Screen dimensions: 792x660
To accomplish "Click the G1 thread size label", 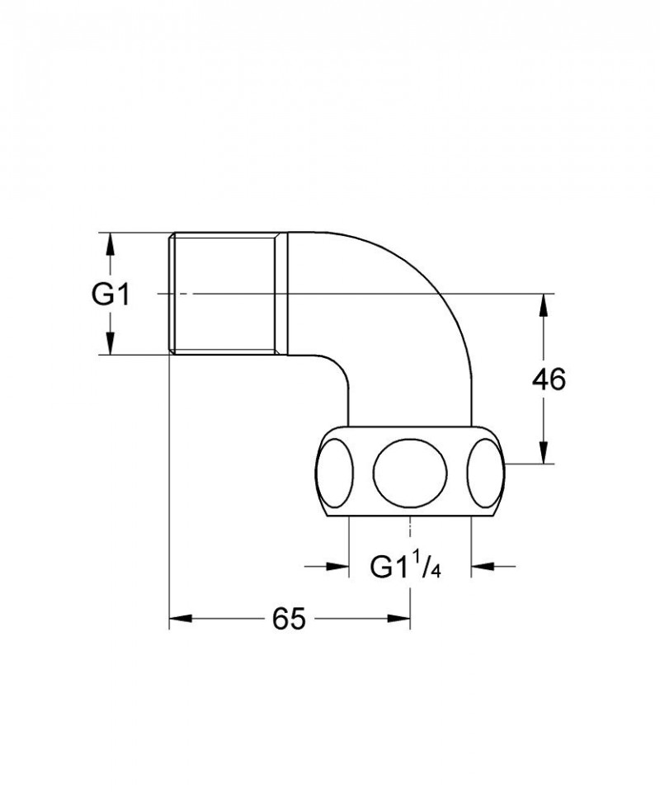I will [x=110, y=295].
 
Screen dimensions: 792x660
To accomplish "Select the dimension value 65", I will [x=288, y=618].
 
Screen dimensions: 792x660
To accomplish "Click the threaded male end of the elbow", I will [x=223, y=295].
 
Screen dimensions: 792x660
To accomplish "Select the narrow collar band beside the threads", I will [x=281, y=295].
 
